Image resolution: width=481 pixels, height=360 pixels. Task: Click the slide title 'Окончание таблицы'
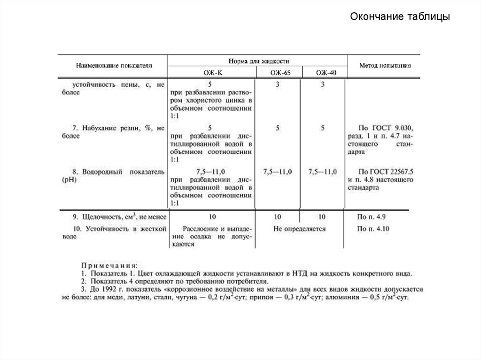click(x=400, y=17)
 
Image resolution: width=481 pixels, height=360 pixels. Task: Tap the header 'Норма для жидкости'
click(x=258, y=61)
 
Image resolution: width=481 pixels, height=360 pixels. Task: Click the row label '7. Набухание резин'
click(x=117, y=128)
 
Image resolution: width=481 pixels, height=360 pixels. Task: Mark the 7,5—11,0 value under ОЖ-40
click(x=322, y=172)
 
